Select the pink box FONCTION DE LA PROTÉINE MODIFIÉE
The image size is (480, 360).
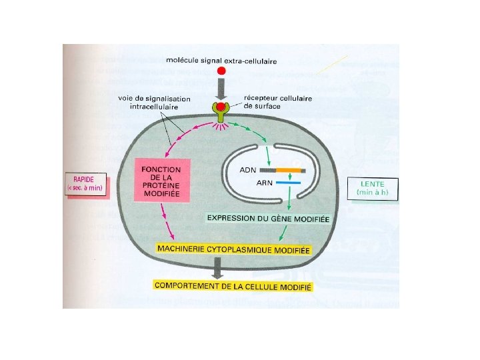(162, 180)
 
